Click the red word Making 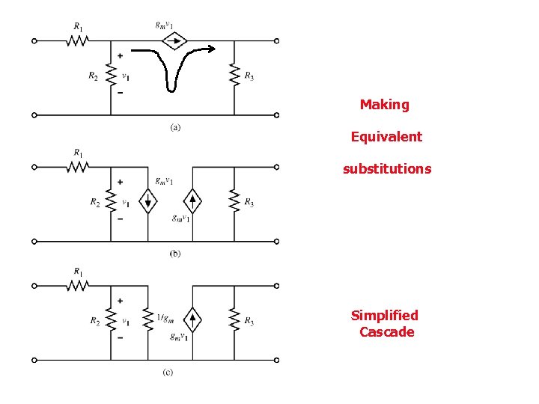tap(385, 105)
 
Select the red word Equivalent tap(386, 137)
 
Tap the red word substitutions tap(387, 169)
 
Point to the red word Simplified tap(385, 316)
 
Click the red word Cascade tap(386, 332)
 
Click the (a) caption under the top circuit tap(174, 127)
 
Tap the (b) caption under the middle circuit tap(174, 254)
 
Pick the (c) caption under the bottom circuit tap(168, 373)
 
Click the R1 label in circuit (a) tap(78, 27)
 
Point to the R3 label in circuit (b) tap(249, 204)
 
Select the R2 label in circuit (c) tap(94, 322)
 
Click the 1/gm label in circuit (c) tap(167, 318)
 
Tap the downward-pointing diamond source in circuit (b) tap(147, 201)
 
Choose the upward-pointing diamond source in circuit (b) tap(193, 201)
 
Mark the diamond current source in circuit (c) tap(193, 319)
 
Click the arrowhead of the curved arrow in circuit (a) tap(213, 50)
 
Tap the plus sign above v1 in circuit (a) tap(120, 56)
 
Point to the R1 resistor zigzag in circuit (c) tap(78, 285)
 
